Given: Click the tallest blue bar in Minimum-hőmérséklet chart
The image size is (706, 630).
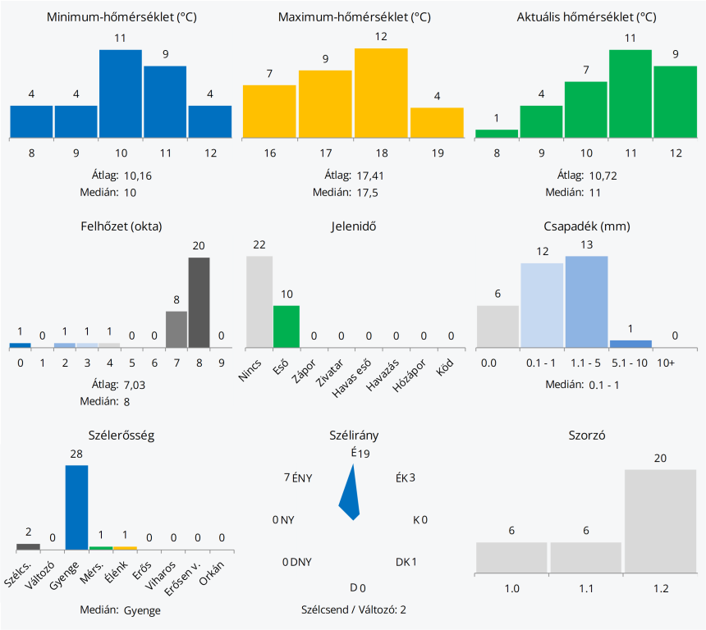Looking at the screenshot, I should click(x=121, y=93).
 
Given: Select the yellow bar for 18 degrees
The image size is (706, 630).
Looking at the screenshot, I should click(x=381, y=92).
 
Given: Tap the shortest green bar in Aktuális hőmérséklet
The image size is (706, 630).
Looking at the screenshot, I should click(x=497, y=133).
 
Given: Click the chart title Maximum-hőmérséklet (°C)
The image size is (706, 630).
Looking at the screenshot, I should click(x=354, y=17).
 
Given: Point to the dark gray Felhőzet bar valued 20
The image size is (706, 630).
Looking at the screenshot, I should click(x=199, y=302).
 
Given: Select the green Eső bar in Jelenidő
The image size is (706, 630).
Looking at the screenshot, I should click(x=287, y=326).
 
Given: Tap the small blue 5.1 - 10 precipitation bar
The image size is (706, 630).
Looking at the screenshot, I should click(x=630, y=343).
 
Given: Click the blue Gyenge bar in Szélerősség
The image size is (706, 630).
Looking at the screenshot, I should click(x=76, y=507).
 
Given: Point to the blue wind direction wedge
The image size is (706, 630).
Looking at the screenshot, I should click(x=351, y=496).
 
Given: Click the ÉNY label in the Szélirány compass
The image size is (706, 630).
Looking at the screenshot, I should click(x=302, y=477).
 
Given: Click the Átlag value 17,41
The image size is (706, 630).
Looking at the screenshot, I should click(x=371, y=175).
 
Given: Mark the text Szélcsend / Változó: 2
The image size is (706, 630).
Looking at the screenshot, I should click(x=354, y=609).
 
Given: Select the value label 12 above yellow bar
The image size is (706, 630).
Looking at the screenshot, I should click(x=381, y=37).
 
